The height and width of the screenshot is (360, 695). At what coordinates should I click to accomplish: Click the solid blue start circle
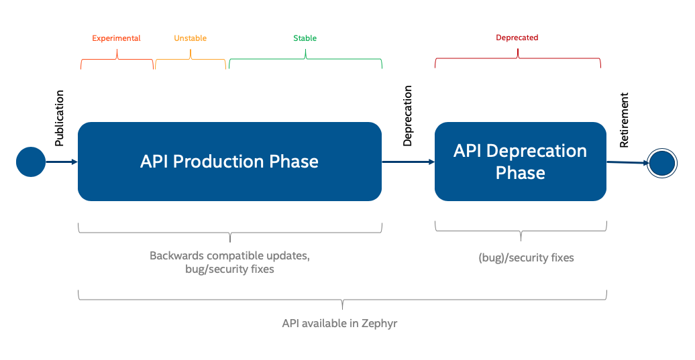point(30,162)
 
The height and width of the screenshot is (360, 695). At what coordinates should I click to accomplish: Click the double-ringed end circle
point(661,163)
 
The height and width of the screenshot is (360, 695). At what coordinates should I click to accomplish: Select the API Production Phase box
point(229,162)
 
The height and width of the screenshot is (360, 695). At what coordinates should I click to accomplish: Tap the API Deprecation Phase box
point(520,162)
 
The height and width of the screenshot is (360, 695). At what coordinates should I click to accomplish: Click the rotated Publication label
point(60,118)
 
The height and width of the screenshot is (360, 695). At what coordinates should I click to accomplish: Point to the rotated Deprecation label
point(408,115)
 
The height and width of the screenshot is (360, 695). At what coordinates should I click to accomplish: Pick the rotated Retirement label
point(625,120)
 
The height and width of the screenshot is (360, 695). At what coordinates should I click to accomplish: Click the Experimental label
point(116,38)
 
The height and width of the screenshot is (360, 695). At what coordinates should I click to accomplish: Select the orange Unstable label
point(191,38)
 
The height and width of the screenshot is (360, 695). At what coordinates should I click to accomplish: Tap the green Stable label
point(305,38)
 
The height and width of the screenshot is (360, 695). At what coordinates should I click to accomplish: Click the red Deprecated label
point(517,38)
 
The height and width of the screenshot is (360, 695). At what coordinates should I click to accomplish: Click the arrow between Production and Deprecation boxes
point(408,162)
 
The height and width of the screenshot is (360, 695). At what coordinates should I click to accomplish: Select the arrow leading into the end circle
point(627,162)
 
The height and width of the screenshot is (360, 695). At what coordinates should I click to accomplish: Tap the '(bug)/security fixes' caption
point(526,257)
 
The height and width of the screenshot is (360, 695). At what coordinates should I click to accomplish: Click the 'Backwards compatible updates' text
point(229,256)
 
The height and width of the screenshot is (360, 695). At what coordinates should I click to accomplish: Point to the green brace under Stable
point(305,62)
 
